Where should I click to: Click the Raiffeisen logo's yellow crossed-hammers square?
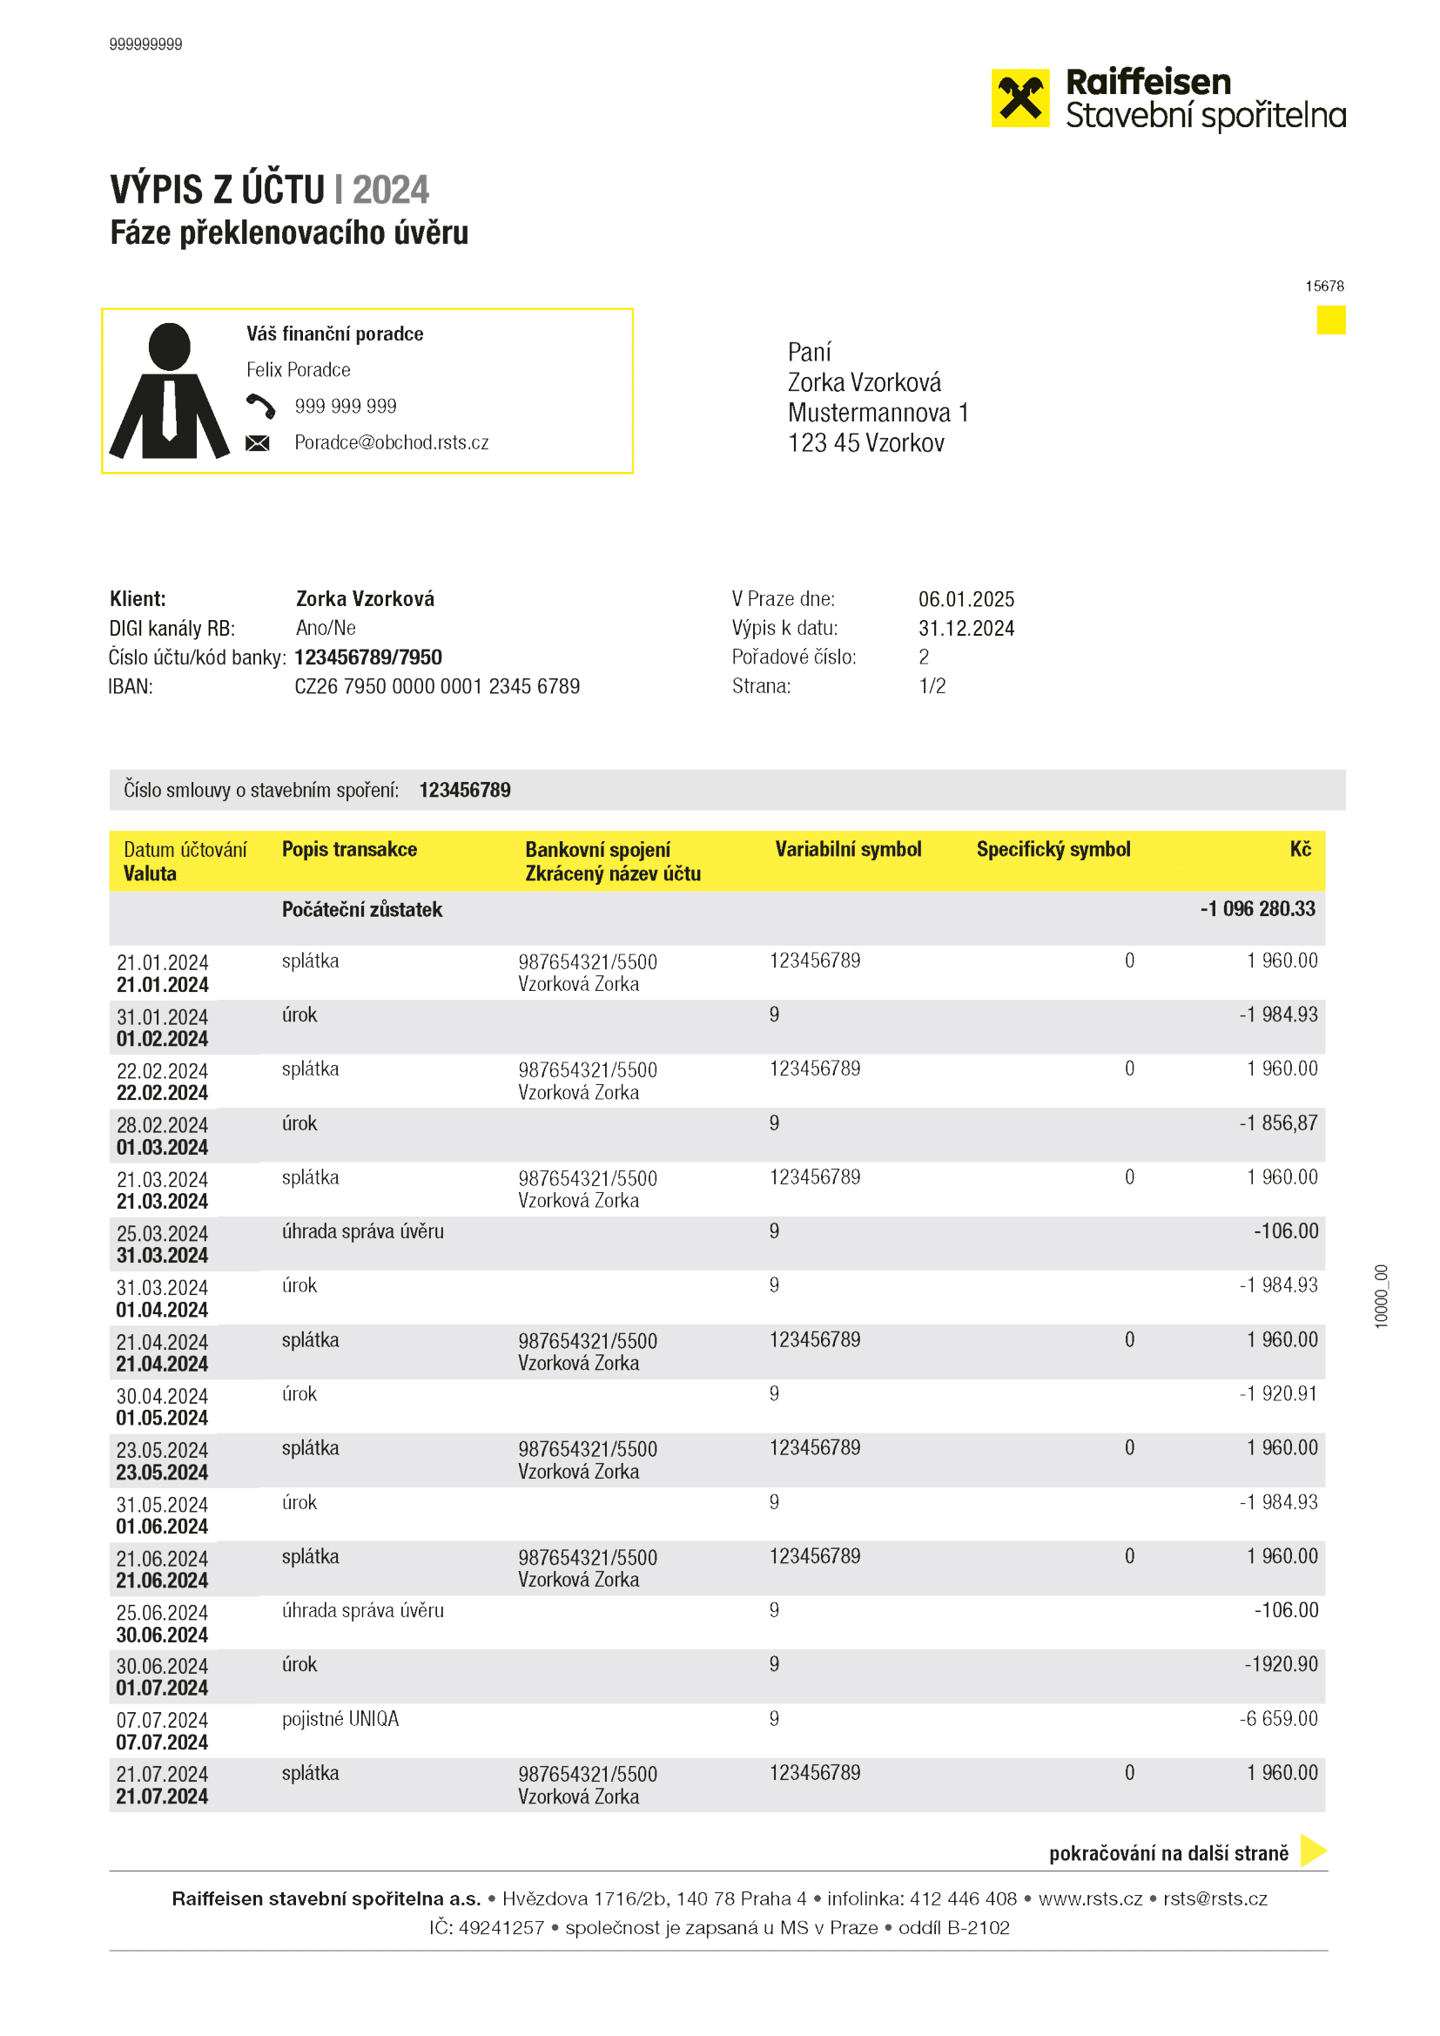coord(1019,98)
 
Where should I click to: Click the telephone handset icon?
coord(259,406)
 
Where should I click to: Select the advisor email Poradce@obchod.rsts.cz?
coord(391,442)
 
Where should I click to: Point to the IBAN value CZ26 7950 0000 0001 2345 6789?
coord(437,686)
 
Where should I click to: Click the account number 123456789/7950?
coord(368,657)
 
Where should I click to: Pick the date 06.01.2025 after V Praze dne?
coord(966,599)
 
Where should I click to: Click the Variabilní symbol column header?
coord(848,850)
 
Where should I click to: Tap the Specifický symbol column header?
coord(1053,850)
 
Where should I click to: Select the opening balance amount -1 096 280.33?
coord(1256,909)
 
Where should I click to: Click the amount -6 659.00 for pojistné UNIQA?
coord(1278,1718)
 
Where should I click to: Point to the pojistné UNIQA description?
coord(340,1718)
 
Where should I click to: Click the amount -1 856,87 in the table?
coord(1278,1122)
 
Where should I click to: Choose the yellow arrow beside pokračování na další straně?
coord(1312,1850)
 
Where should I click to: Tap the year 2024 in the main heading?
coord(390,190)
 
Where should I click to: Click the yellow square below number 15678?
coord(1330,320)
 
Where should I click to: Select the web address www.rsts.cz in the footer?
coord(1090,1898)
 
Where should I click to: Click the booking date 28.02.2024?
coord(162,1124)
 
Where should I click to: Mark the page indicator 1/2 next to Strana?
coord(932,686)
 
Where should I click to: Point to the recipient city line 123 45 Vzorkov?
coord(865,443)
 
